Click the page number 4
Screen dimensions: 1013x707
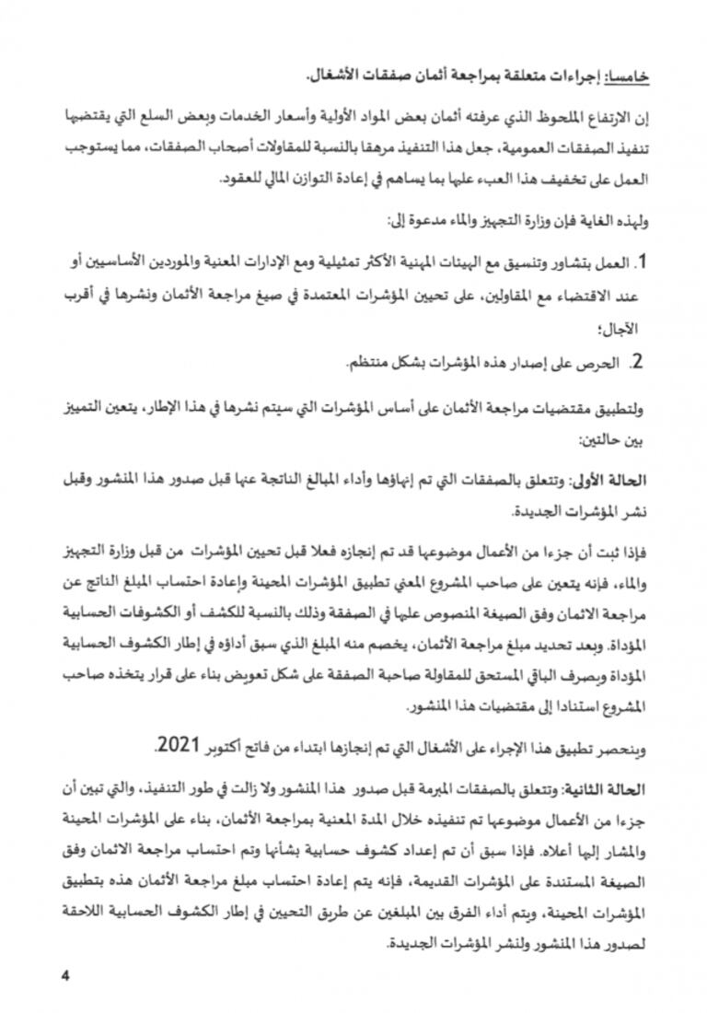[64, 975]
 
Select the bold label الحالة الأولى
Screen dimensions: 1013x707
[619, 480]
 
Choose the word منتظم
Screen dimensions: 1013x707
[369, 363]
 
